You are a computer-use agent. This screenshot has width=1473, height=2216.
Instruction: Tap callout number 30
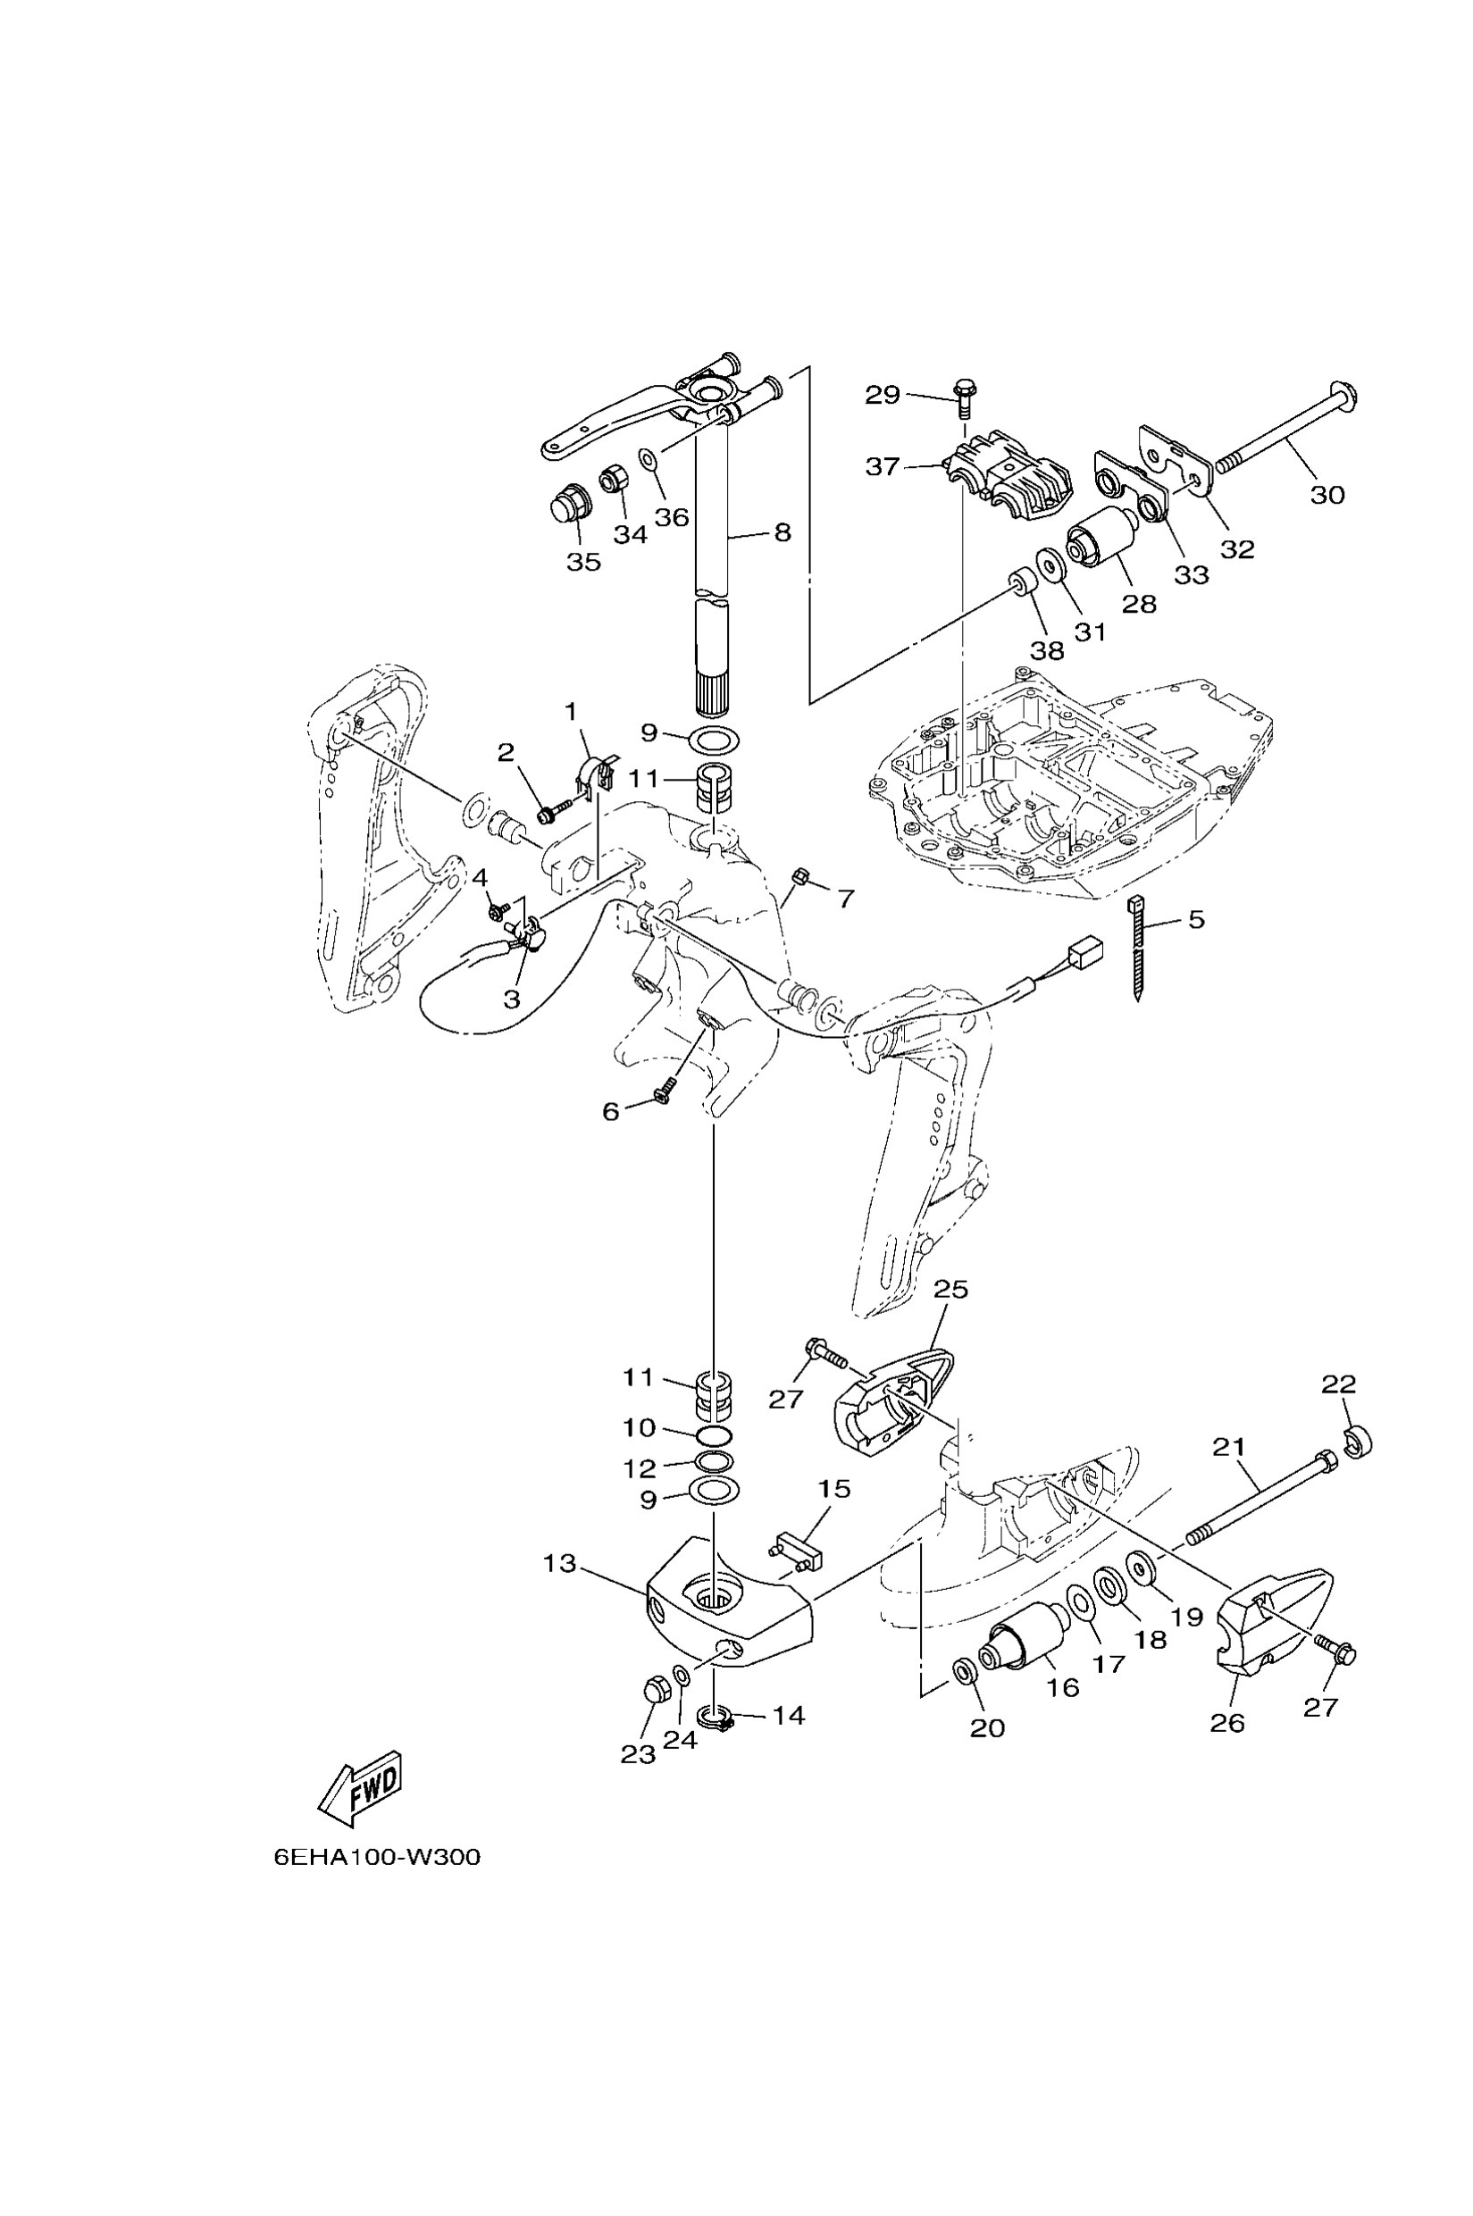coord(1327,494)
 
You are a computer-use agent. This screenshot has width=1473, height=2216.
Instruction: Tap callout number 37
coord(883,466)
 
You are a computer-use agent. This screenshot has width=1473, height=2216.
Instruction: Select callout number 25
coord(950,1289)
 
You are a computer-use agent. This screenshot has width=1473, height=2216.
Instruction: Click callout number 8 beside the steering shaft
coord(782,532)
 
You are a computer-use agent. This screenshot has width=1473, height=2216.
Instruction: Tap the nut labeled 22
coord(1358,1441)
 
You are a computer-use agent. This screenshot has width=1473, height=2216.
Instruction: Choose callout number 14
coord(788,1715)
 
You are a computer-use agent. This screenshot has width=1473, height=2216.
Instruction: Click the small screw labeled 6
coord(662,1093)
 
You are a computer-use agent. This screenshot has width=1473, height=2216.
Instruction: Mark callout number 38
coord(1048,650)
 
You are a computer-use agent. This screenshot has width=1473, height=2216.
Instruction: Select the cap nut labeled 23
coord(654,1691)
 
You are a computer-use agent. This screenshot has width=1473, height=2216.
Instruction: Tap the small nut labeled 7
coord(801,877)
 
